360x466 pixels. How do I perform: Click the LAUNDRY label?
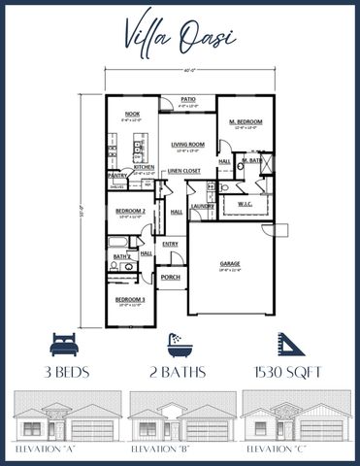[202, 206]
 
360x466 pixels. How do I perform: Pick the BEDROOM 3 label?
[131, 300]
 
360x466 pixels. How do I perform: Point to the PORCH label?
[171, 278]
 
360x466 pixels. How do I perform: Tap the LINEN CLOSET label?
[184, 171]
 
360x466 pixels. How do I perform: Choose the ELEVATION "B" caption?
[180, 450]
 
